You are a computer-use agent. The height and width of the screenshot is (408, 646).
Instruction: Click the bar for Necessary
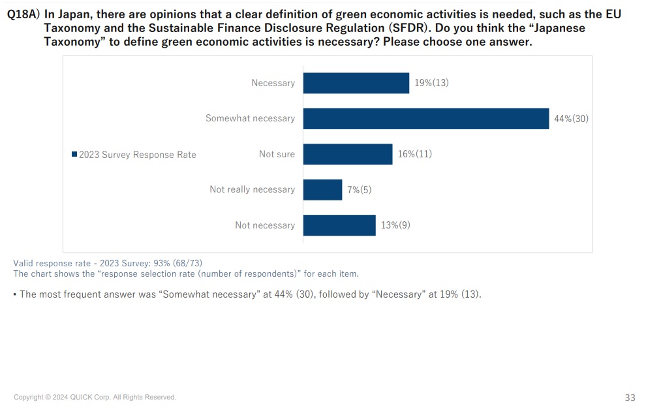pos(356,83)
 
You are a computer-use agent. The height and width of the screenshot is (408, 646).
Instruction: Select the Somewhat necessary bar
pos(425,118)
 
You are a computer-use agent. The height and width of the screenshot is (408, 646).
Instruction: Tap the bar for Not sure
pos(347,154)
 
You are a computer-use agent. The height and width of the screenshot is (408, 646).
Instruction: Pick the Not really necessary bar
pos(322,189)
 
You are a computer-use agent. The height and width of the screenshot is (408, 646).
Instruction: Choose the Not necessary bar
pos(339,225)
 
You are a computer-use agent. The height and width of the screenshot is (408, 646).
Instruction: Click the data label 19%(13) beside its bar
pos(431,83)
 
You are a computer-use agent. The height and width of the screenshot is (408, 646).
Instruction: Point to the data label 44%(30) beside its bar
pos(571,119)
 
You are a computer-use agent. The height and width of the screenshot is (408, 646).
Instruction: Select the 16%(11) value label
pos(414,154)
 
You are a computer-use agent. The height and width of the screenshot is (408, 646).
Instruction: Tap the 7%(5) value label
pos(360,189)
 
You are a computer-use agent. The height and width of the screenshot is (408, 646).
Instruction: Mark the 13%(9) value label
pos(395,225)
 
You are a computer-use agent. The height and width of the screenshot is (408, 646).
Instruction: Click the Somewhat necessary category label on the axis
pos(250,118)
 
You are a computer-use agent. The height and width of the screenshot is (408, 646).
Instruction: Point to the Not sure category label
pos(277,154)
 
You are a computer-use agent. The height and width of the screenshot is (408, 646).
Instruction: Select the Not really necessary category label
pos(252,189)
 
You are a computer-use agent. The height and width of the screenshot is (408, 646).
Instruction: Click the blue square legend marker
pos(74,154)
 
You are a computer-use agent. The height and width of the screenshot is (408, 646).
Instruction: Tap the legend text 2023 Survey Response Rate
pos(137,155)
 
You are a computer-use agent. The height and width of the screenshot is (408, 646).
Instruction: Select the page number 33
pos(630,398)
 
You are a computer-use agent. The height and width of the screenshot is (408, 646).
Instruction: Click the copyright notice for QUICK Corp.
pos(95,397)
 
